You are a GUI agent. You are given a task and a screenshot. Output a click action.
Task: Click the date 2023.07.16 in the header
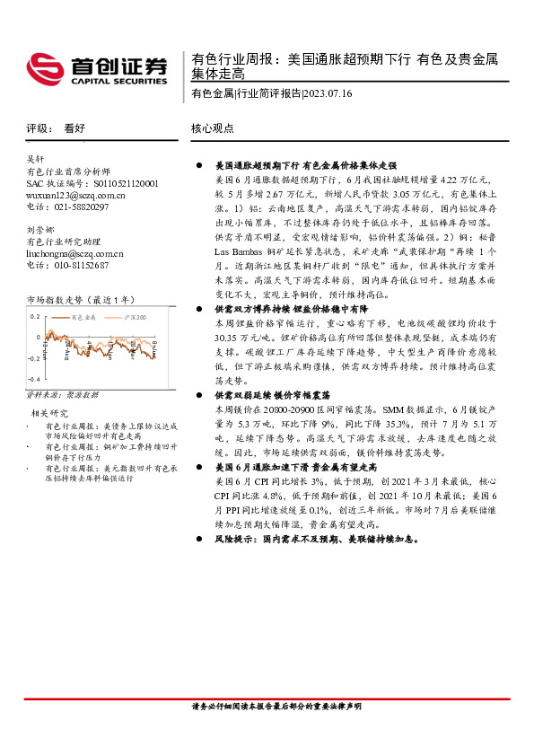[x=328, y=92]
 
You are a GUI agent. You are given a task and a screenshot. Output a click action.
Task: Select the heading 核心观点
[x=213, y=128]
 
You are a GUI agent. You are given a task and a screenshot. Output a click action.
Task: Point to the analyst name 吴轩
[x=35, y=158]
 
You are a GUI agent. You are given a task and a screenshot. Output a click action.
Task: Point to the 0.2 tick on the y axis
[x=35, y=317]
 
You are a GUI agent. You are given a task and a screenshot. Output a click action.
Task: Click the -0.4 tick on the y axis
[x=33, y=382]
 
